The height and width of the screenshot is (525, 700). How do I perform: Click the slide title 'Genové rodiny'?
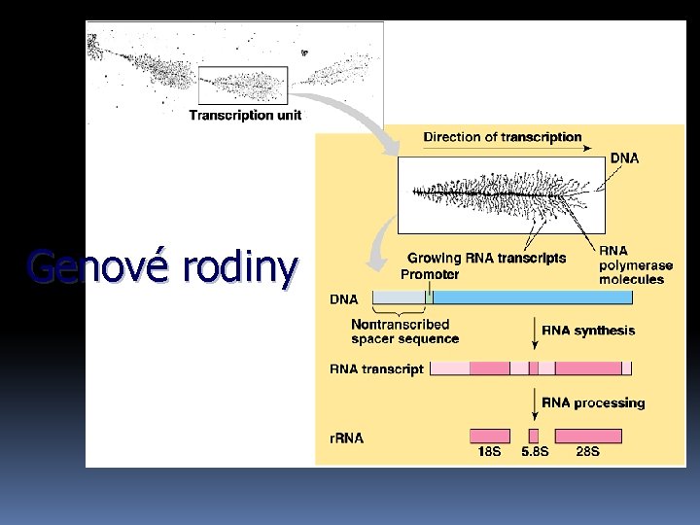tap(161, 267)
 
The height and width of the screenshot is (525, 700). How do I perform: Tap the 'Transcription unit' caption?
tap(245, 115)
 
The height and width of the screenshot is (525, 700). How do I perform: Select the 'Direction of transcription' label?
tap(503, 137)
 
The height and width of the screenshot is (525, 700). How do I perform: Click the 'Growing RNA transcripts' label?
tap(486, 258)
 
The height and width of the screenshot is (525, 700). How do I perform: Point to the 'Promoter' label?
tap(430, 274)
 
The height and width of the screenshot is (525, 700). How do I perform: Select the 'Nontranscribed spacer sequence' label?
tap(403, 332)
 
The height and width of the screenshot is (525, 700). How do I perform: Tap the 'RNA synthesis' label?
tap(588, 331)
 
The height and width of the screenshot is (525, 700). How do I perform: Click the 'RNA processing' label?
tap(593, 402)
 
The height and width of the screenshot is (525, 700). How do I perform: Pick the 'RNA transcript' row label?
tap(376, 369)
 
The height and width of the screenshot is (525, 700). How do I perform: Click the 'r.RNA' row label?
tap(347, 438)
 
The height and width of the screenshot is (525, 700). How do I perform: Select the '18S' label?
tap(490, 452)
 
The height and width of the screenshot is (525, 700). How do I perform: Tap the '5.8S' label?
tap(535, 452)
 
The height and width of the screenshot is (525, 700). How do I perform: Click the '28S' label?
tap(587, 452)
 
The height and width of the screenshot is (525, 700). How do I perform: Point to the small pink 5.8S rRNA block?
tap(533, 436)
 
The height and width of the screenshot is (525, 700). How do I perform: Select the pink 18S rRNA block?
tap(490, 436)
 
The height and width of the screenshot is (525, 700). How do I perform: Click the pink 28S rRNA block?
tap(587, 436)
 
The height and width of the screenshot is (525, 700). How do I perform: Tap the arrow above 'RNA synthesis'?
tap(535, 330)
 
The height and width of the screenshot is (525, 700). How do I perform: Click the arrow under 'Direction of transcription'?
tap(502, 150)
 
